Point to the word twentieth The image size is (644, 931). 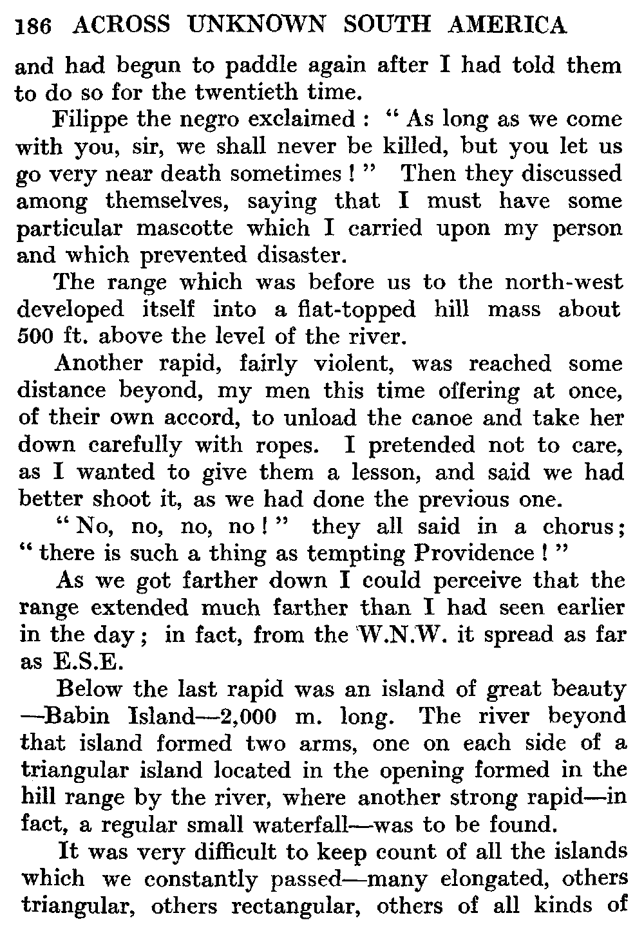click(250, 93)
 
